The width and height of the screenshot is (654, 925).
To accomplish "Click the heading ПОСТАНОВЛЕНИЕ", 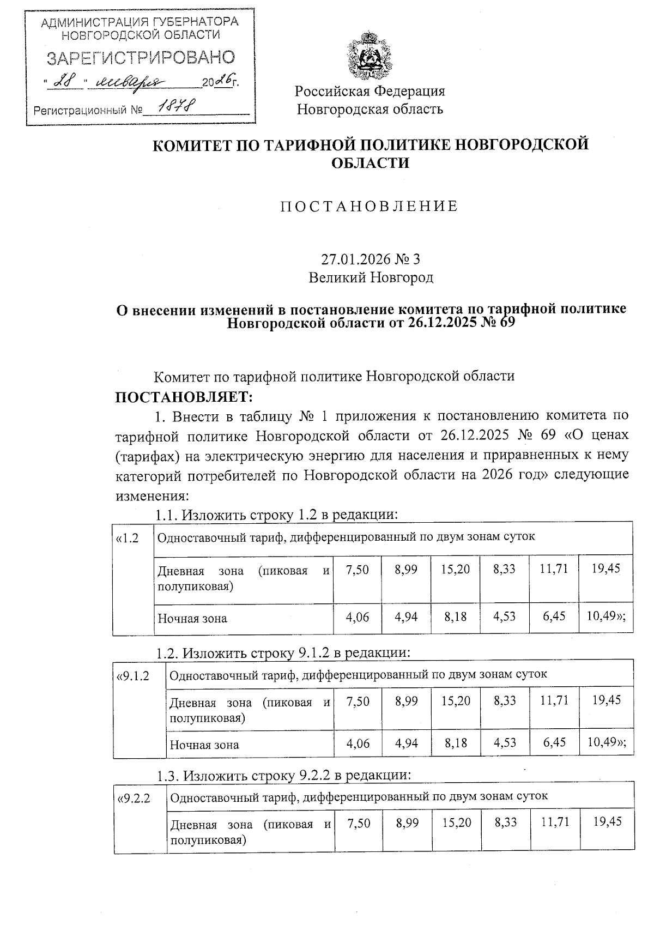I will coord(370,207).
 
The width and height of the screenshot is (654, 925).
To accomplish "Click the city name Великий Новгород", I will coord(371,278).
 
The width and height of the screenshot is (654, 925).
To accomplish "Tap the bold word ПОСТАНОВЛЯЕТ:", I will coord(184,396).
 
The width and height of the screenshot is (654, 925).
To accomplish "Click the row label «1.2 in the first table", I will coord(128,538).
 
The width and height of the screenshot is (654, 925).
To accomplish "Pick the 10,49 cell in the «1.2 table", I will coord(605,616).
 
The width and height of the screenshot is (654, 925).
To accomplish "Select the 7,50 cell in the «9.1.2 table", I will coord(358,700).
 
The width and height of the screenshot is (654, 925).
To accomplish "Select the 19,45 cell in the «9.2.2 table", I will coord(607,822).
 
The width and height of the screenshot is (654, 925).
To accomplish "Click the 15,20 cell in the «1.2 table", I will coord(456,569).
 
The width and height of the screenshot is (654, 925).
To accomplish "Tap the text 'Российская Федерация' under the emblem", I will coord(370,91).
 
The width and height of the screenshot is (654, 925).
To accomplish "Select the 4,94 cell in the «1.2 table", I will coord(406,617).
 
